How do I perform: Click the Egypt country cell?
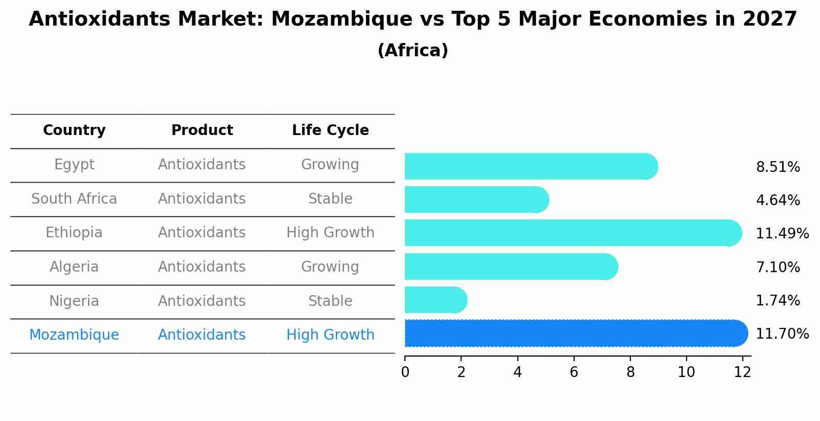pyautogui.click(x=74, y=165)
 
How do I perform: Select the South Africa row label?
pyautogui.click(x=74, y=199)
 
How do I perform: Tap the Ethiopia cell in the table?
pyautogui.click(x=74, y=233)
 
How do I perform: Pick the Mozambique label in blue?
pyautogui.click(x=74, y=335)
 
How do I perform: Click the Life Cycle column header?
pyautogui.click(x=330, y=130)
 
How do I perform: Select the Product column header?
pyautogui.click(x=202, y=130)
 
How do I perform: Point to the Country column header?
pyautogui.click(x=74, y=130)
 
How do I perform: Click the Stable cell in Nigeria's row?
pyautogui.click(x=330, y=301)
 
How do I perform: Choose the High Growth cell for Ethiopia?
pyautogui.click(x=330, y=233)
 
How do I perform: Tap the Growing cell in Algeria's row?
pyautogui.click(x=330, y=267)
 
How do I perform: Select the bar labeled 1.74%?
pyautogui.click(x=435, y=300)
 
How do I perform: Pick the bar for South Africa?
pyautogui.click(x=475, y=200)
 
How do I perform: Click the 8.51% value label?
pyautogui.click(x=778, y=167)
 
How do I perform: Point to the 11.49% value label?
pyautogui.click(x=782, y=234)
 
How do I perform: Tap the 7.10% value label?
pyautogui.click(x=778, y=268)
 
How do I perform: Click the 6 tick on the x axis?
pyautogui.click(x=574, y=372)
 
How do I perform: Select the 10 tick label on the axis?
pyautogui.click(x=686, y=372)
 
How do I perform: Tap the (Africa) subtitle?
pyautogui.click(x=413, y=51)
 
